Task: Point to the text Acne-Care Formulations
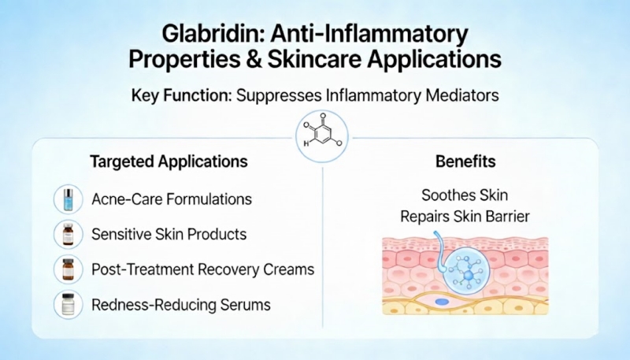click(x=172, y=199)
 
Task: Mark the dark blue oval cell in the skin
click(x=443, y=301)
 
